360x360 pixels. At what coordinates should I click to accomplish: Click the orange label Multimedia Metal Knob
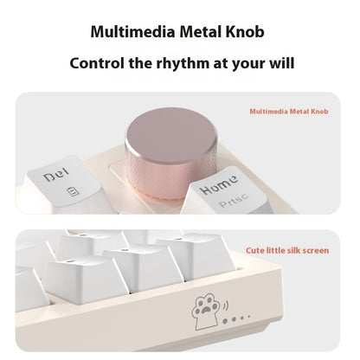click(x=288, y=112)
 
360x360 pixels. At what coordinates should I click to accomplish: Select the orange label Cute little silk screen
click(x=286, y=250)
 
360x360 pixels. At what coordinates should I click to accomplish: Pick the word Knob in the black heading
click(x=246, y=33)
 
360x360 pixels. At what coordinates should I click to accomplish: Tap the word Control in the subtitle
click(x=98, y=63)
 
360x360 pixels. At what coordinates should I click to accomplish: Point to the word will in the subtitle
click(x=281, y=63)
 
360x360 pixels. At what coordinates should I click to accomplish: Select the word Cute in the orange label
click(x=255, y=250)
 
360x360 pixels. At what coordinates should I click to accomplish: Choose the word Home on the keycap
click(x=220, y=187)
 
